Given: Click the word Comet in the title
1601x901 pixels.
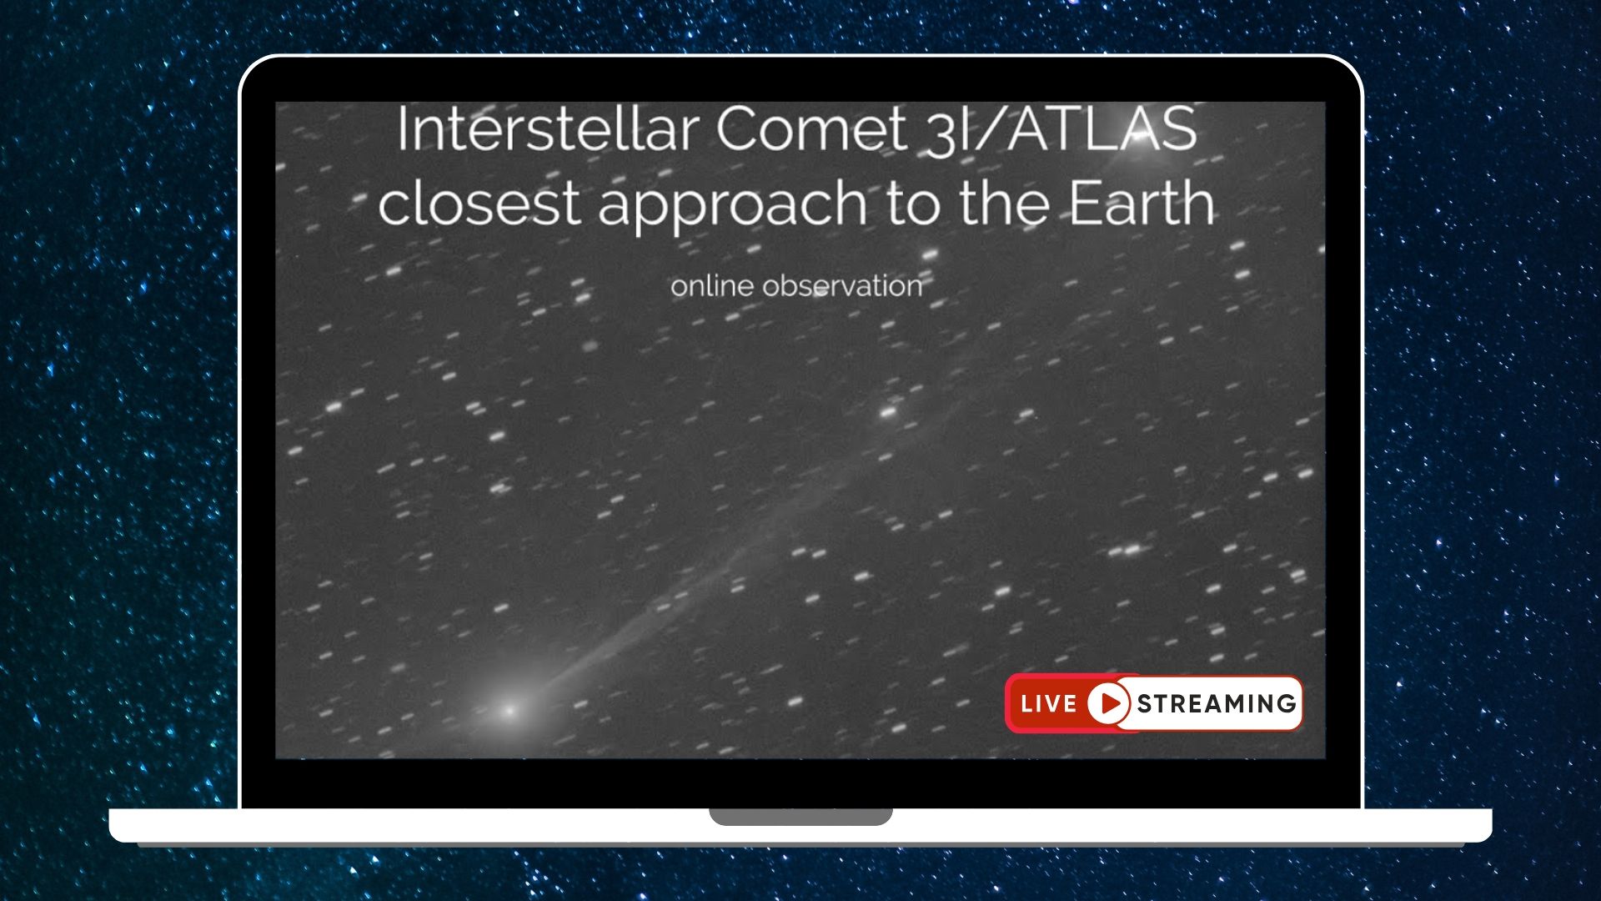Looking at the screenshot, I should [x=811, y=129].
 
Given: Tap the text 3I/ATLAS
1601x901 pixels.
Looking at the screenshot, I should [x=1061, y=131].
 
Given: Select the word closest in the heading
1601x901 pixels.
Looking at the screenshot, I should [x=479, y=204].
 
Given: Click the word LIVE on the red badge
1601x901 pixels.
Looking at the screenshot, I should [x=1048, y=704].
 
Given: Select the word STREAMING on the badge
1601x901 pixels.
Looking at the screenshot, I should [x=1217, y=704].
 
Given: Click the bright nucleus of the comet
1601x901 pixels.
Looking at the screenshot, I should [x=509, y=711].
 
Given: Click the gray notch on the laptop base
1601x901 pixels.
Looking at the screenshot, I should [x=800, y=816].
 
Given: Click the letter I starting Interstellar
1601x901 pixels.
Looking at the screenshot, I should [x=403, y=129].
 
